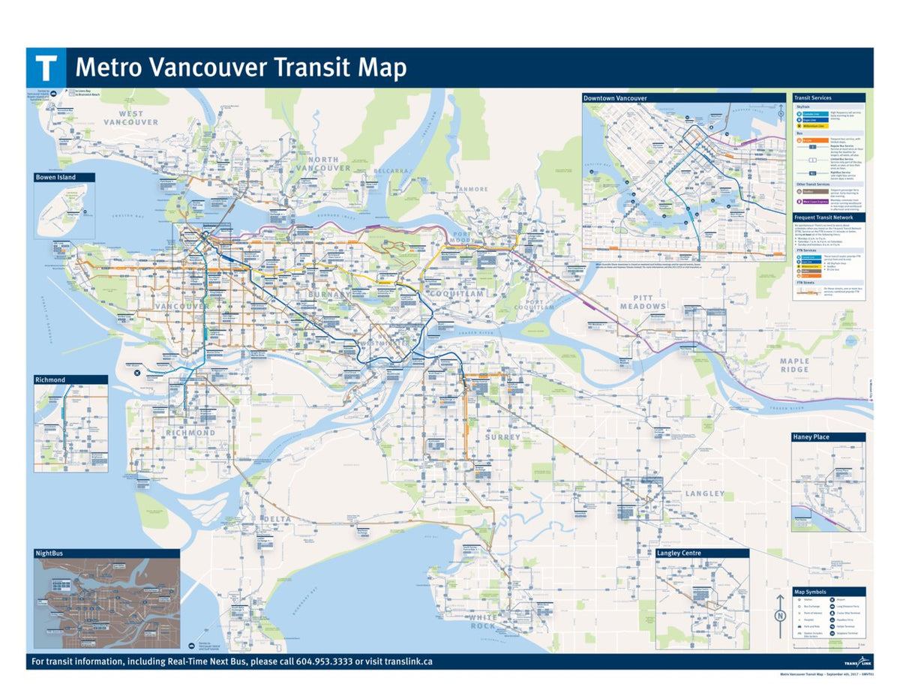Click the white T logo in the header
pos(46,67)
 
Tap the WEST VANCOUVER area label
pos(131,118)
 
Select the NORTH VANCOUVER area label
pos(322,164)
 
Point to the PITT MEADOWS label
pos(643,301)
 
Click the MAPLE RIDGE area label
pos(794,365)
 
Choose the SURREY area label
pos(502,436)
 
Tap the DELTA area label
pos(276,519)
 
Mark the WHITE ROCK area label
pos(483,622)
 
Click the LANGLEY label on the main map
pos(704,493)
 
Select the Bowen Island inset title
pos(55,178)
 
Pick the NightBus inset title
pos(49,553)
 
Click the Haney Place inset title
pos(811,436)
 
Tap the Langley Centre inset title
pos(679,553)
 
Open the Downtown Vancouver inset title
pos(615,98)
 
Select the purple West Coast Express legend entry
pos(813,202)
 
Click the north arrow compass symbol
pos(780,616)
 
